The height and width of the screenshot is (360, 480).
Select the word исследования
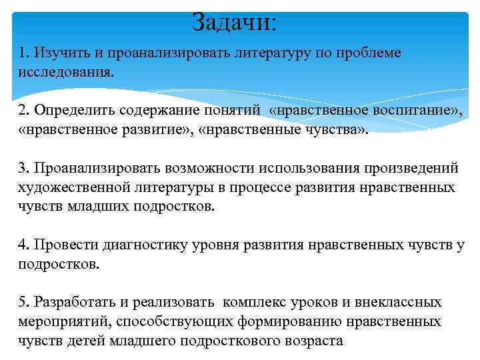click(x=65, y=71)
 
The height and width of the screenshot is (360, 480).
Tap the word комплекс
click(x=255, y=303)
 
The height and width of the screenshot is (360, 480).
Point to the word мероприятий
click(x=64, y=322)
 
